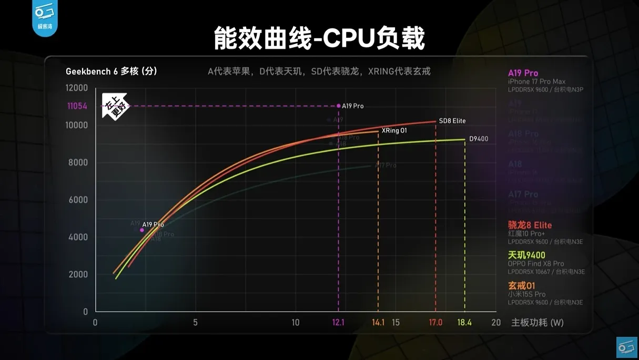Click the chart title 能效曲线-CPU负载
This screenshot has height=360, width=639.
(319, 38)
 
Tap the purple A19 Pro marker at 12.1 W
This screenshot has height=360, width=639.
(339, 106)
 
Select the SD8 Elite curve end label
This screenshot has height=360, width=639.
(452, 121)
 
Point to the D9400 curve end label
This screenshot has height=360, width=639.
(479, 139)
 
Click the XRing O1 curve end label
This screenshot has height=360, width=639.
(394, 130)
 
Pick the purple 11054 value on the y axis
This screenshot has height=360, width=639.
(77, 106)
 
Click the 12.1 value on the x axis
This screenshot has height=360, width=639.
(338, 322)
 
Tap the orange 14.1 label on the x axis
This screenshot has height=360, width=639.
(378, 322)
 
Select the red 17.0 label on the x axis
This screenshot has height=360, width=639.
(435, 322)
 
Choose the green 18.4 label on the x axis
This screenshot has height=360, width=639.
(464, 322)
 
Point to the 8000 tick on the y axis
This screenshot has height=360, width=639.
(77, 163)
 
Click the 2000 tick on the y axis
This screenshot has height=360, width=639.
(77, 274)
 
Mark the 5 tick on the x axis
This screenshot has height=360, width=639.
(195, 322)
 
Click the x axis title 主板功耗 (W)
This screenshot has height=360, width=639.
(537, 322)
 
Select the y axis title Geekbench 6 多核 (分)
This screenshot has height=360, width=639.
(111, 71)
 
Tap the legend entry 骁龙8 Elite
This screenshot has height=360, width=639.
(530, 225)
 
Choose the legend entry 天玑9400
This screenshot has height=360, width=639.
(526, 255)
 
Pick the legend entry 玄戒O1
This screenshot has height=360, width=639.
(522, 285)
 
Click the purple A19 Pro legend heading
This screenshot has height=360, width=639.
(523, 73)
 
